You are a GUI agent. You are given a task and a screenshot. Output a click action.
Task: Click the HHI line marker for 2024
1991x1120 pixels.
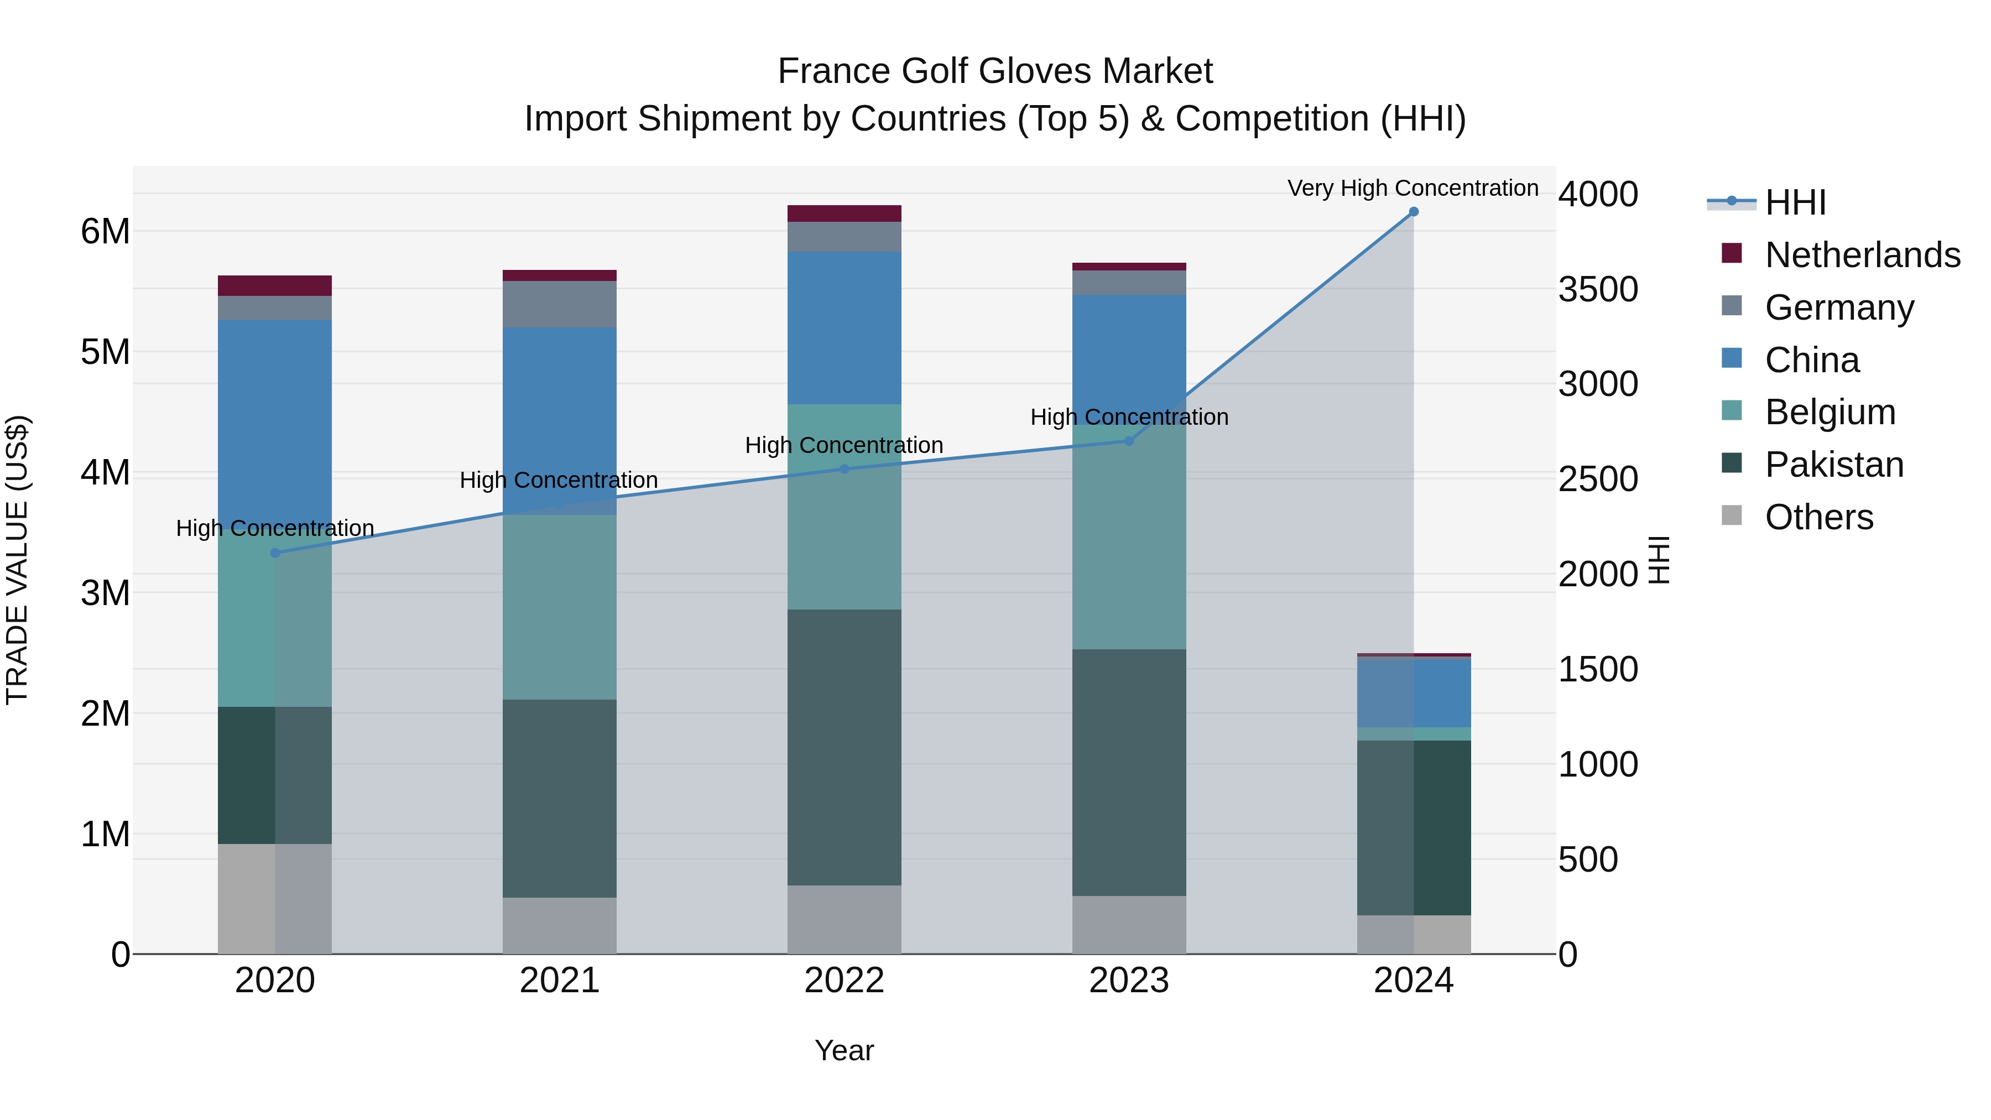1414,212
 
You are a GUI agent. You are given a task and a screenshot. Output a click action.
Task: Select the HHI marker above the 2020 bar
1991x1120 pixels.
275,553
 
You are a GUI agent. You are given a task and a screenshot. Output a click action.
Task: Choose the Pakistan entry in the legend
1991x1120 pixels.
1833,465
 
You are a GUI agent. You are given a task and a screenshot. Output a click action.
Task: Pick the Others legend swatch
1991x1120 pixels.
1732,515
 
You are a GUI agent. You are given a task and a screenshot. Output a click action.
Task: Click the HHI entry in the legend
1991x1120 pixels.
1795,202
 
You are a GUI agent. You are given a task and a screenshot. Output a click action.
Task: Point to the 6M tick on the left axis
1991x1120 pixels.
106,231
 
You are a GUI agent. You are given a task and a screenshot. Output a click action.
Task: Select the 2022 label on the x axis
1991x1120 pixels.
844,981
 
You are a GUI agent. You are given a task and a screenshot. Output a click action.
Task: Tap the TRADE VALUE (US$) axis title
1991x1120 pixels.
17,560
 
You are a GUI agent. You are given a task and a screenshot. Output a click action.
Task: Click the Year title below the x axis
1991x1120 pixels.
844,1050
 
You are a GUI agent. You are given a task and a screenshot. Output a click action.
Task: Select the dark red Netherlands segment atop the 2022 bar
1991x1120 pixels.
844,213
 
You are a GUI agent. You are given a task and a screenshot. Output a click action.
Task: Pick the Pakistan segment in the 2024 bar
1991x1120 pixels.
1414,827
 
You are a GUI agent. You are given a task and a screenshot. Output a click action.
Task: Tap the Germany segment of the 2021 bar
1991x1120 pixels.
560,304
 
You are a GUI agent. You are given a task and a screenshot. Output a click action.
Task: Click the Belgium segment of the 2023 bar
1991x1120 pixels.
1128,541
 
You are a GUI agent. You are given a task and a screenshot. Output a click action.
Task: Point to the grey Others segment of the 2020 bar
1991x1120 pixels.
275,898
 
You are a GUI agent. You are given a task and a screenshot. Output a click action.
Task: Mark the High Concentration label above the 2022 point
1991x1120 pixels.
844,445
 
